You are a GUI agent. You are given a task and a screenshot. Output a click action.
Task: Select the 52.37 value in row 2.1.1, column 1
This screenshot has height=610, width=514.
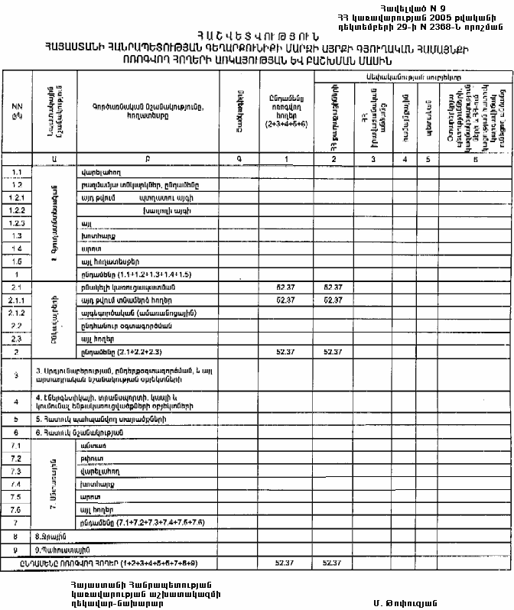[285, 300]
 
